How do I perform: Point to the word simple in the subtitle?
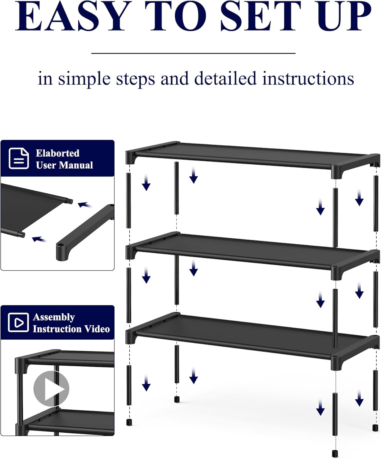tap(84, 79)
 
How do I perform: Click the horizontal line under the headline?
tap(193, 53)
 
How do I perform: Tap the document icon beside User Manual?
tap(19, 158)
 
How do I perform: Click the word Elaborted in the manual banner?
tap(57, 153)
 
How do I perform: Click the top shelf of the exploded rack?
tap(251, 155)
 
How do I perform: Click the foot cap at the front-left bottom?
tap(129, 423)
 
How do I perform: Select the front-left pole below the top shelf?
tap(128, 200)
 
